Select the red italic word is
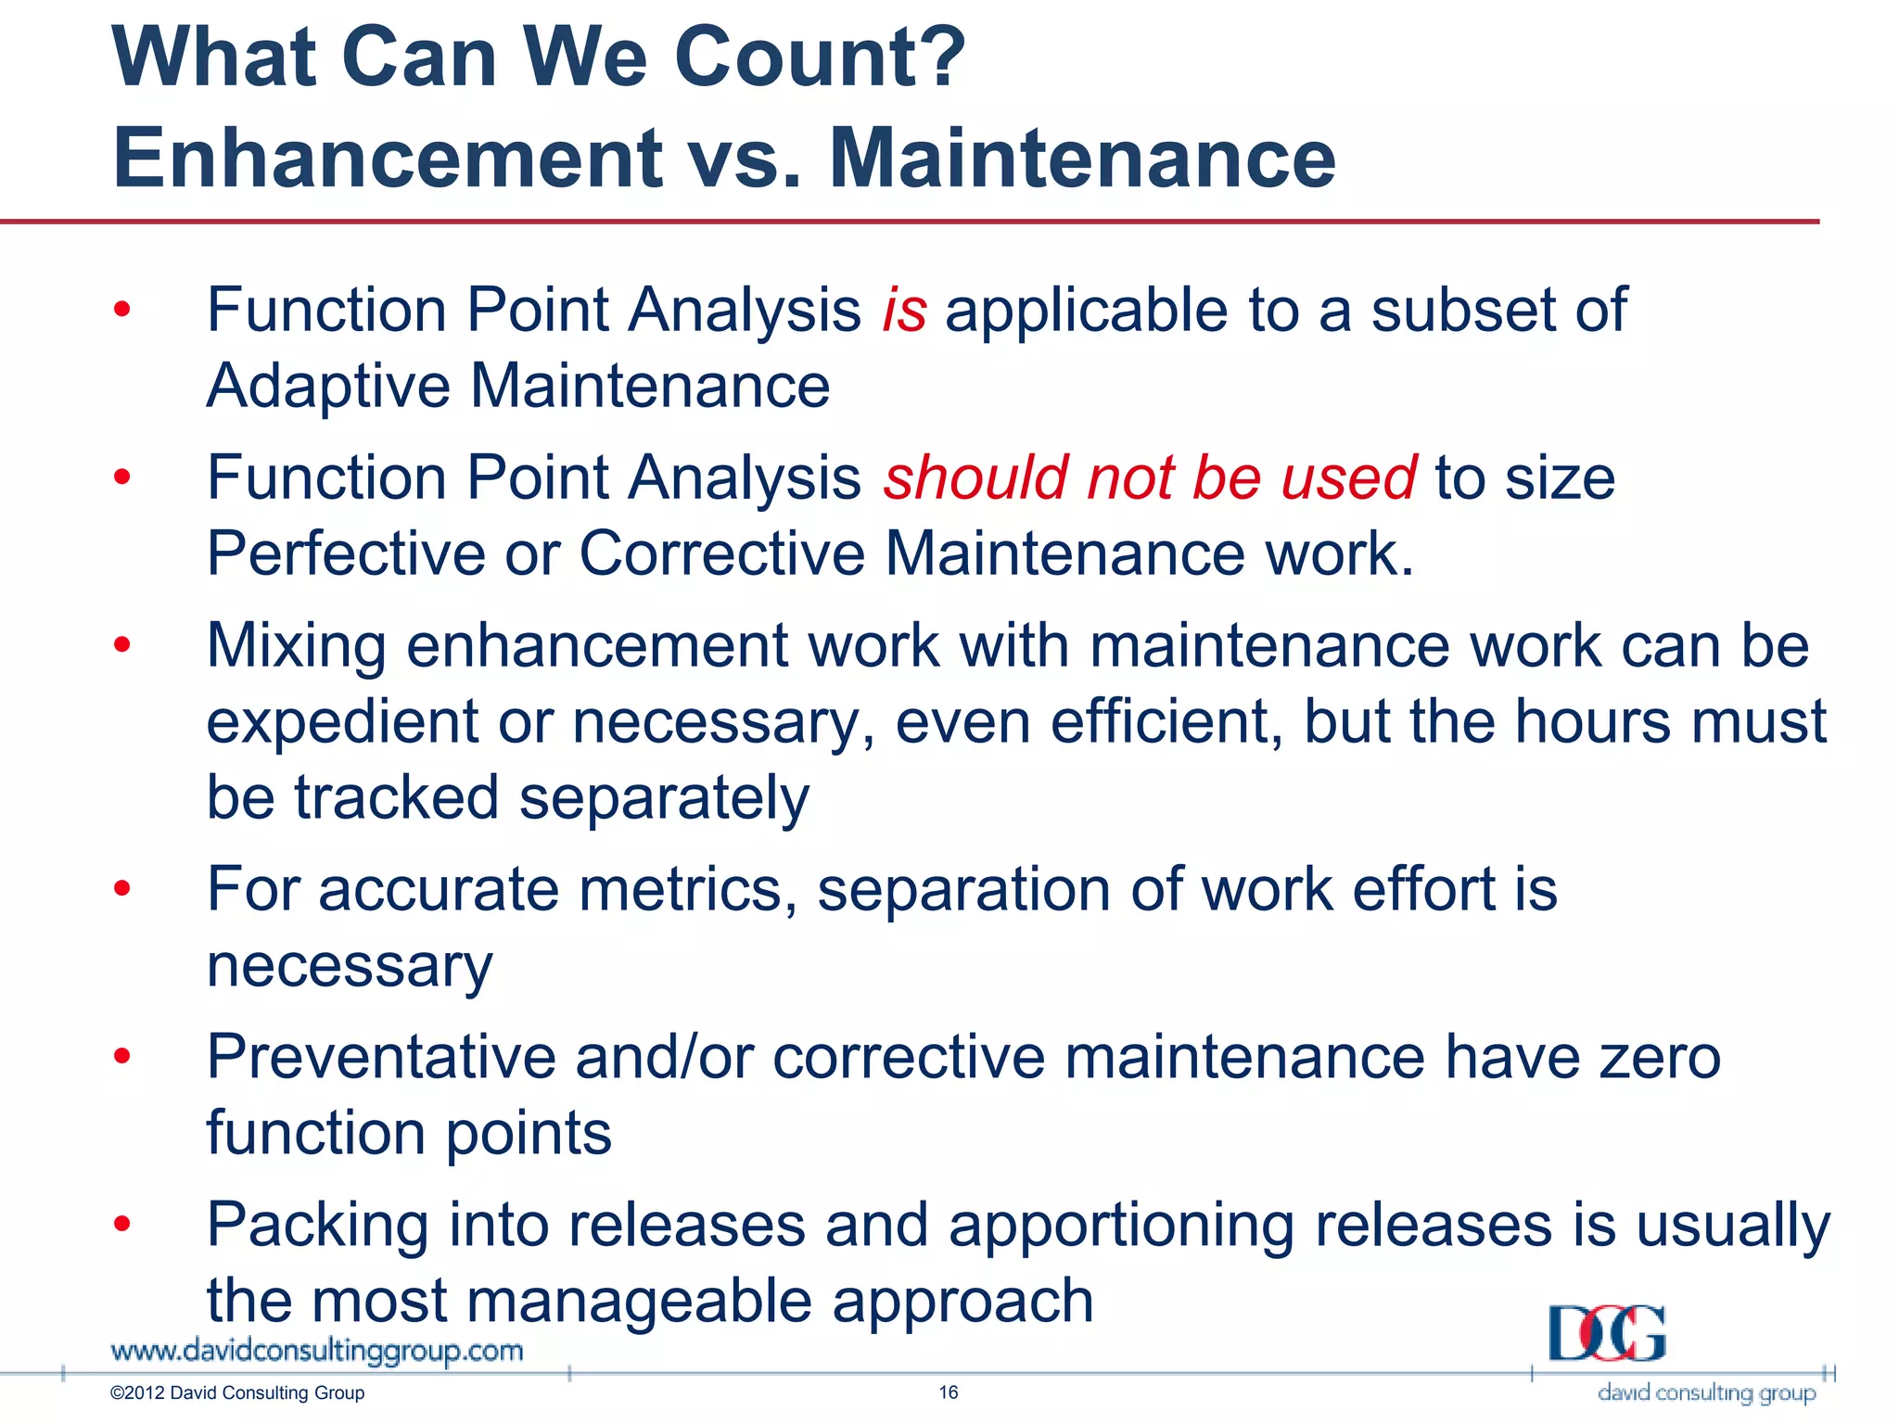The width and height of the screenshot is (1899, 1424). (x=904, y=310)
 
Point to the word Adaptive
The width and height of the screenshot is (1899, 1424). (x=328, y=387)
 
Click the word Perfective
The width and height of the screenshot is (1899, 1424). (x=345, y=554)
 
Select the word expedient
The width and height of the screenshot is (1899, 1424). (x=342, y=723)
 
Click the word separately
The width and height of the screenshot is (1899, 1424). (x=664, y=799)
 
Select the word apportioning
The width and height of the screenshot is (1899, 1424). (x=1120, y=1226)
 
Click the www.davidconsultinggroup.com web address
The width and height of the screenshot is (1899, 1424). (x=317, y=1351)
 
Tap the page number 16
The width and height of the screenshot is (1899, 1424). (x=948, y=1392)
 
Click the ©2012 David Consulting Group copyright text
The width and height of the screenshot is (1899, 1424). (x=237, y=1393)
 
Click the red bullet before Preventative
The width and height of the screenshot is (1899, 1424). (x=121, y=1056)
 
